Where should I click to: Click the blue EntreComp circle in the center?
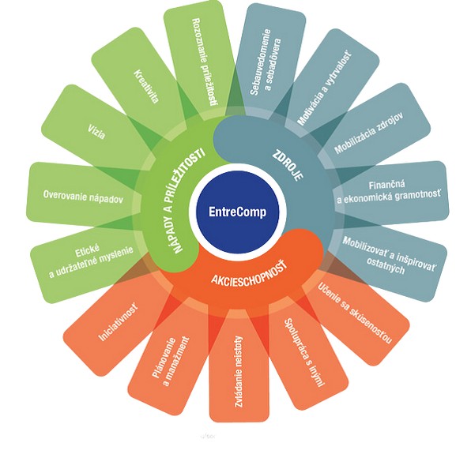237,212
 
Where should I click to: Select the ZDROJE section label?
288,166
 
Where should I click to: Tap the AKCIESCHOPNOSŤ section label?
249,274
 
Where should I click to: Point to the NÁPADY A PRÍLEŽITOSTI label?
187,200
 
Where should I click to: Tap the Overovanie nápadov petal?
83,196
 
